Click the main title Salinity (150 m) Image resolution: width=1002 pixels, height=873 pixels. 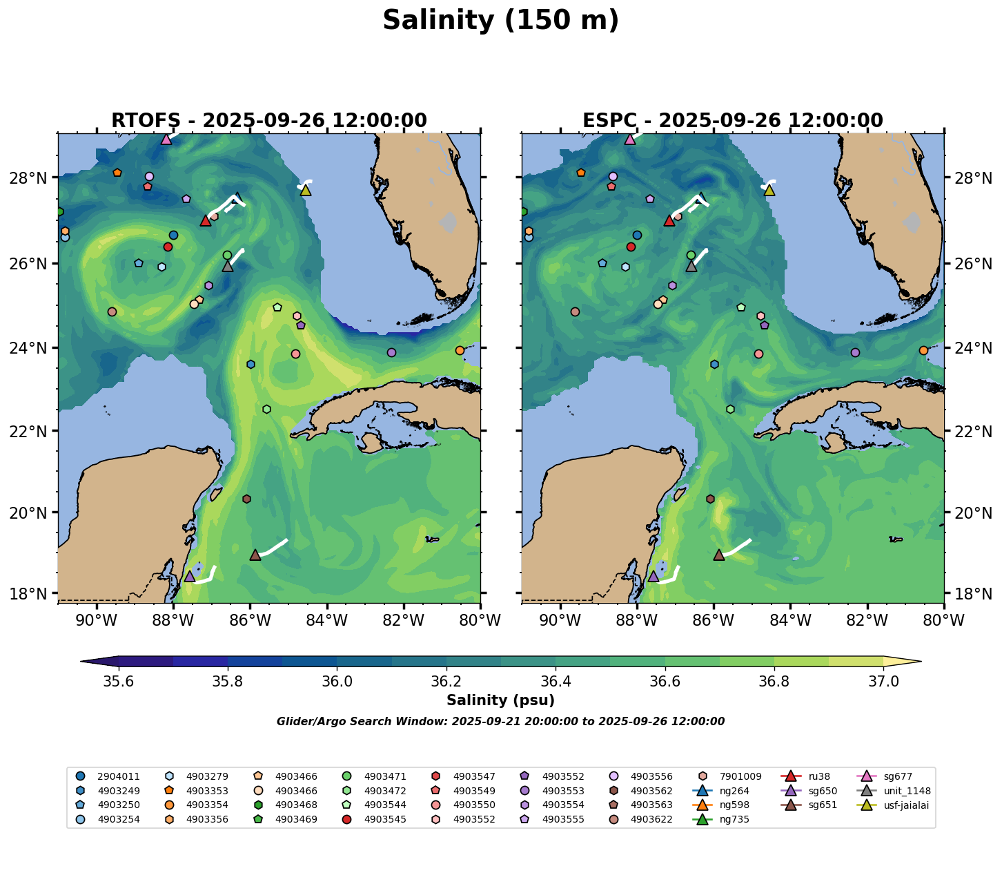click(500, 21)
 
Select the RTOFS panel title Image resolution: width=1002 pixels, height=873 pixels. click(269, 121)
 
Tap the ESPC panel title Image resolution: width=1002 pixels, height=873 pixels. click(732, 121)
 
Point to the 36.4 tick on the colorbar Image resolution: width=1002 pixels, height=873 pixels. click(556, 682)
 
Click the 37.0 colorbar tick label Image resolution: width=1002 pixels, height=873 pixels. click(883, 682)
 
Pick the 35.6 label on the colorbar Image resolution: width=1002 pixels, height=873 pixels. click(119, 682)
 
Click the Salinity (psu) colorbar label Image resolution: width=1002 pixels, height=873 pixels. click(500, 700)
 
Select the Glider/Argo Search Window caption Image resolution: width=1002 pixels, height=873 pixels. click(500, 722)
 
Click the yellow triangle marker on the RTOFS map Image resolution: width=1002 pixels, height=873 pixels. click(306, 190)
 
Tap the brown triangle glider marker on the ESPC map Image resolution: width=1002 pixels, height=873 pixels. click(719, 555)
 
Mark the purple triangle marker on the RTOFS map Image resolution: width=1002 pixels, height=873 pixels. click(190, 576)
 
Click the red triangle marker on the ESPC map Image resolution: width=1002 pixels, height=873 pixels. click(669, 220)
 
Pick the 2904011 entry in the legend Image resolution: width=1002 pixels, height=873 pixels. click(110, 776)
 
